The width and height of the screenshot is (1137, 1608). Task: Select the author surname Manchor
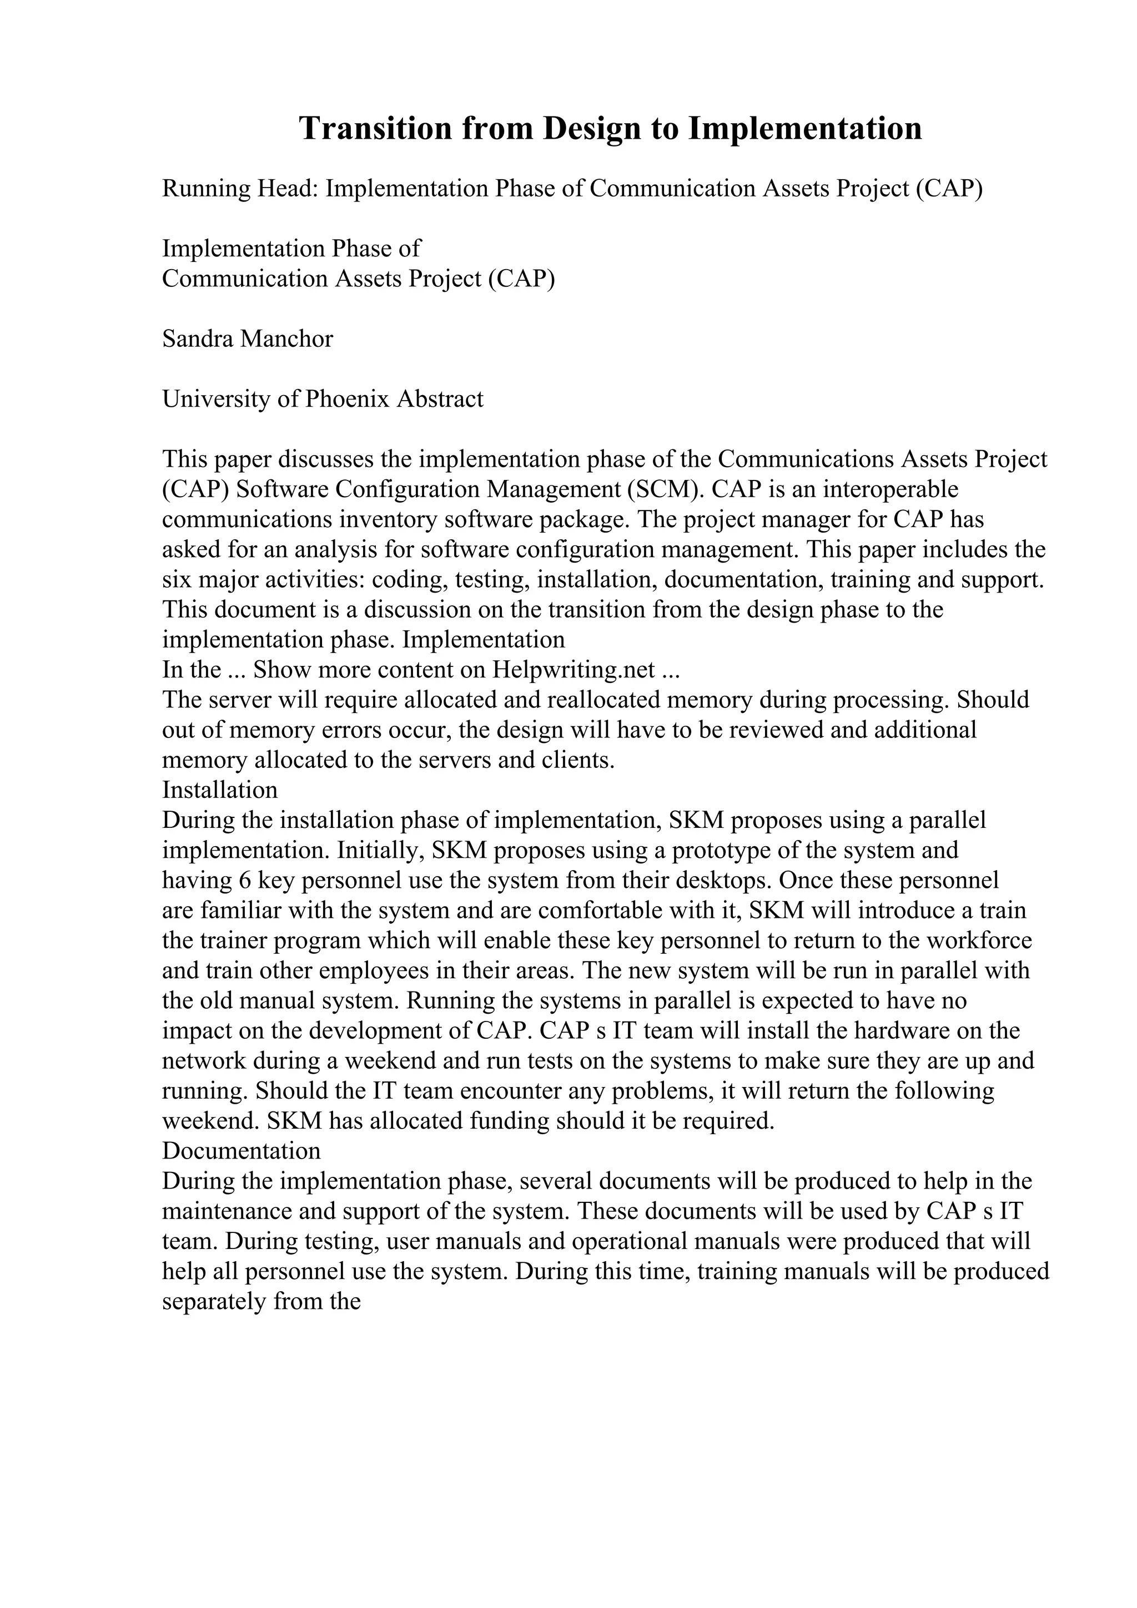[x=287, y=339]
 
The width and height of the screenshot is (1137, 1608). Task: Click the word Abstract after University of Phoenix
[x=440, y=399]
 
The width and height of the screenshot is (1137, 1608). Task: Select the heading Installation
[x=220, y=791]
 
